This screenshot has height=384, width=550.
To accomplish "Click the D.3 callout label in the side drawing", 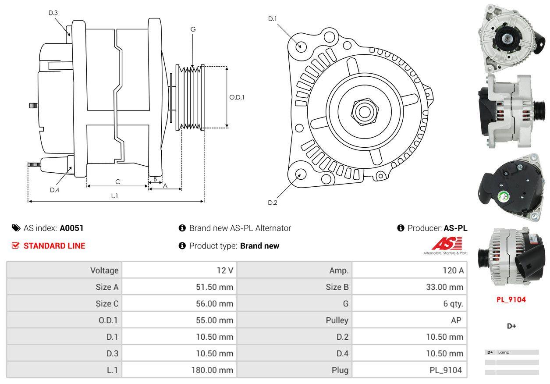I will point(53,13).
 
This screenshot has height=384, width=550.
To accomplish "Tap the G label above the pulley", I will point(193,29).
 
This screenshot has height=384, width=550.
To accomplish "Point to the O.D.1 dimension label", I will point(237,97).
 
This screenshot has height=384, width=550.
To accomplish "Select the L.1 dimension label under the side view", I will point(114,196).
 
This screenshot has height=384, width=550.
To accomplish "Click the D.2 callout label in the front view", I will point(273,203).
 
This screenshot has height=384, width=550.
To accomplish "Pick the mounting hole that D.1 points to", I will point(301,46).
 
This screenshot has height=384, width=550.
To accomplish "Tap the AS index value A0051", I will point(71,228).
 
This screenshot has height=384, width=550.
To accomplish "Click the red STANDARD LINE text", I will point(54,246).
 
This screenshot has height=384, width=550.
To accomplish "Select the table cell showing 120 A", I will point(453,270).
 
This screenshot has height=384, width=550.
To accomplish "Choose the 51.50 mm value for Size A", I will point(214,287).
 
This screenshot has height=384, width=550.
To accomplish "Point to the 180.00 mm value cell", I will point(212,370).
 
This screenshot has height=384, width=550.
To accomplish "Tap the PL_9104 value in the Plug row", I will point(445,370).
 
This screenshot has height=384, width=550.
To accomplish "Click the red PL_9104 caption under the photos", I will point(511,300).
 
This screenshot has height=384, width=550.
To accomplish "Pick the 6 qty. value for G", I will point(453,303).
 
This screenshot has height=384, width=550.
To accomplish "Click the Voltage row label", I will point(104,270).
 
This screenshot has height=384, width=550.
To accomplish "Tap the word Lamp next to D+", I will point(504,352).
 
